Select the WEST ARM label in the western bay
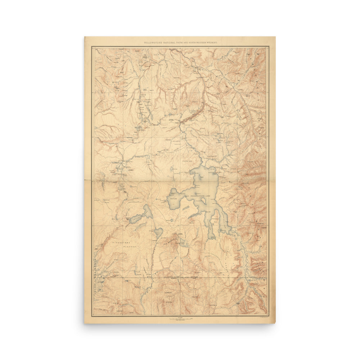click(174, 198)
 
